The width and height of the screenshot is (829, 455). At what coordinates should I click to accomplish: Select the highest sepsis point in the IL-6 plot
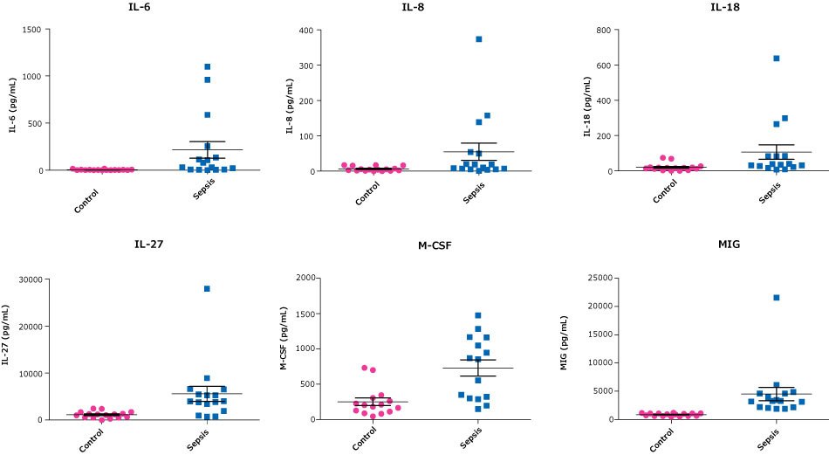tap(207, 66)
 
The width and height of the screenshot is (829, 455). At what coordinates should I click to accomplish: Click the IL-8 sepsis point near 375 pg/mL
tap(478, 39)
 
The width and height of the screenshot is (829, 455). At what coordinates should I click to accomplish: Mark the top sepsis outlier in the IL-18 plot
tap(776, 59)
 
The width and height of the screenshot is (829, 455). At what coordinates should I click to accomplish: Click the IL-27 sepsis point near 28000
tap(207, 288)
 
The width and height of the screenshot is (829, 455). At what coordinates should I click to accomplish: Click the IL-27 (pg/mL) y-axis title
tap(8, 348)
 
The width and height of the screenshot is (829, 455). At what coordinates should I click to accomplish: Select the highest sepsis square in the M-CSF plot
tap(478, 315)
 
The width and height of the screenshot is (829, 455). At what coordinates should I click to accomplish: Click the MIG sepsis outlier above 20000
tap(776, 298)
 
